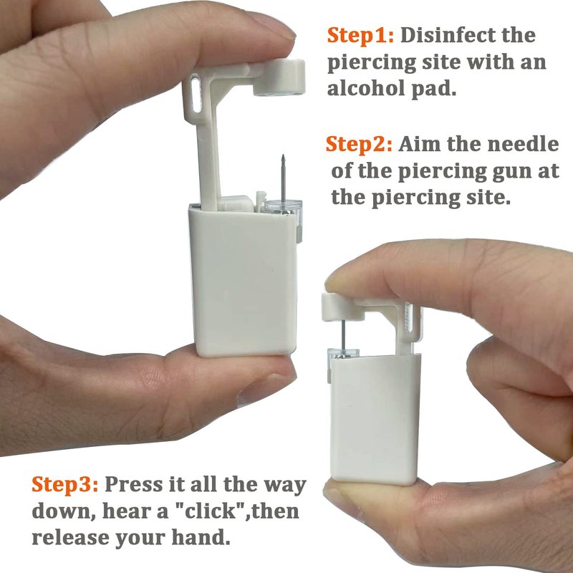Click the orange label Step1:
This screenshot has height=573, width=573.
360,36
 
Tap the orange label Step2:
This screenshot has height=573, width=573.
359,144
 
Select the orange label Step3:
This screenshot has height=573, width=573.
64,485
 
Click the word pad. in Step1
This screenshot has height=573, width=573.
434,90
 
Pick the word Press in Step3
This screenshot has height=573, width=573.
134,485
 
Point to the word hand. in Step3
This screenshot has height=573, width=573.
201,537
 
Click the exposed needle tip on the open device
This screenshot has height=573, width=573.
283,156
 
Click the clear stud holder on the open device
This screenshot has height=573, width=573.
283,208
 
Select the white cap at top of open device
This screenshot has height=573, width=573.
279,77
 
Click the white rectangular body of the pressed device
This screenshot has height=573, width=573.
375,420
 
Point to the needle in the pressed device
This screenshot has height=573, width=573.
344,334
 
